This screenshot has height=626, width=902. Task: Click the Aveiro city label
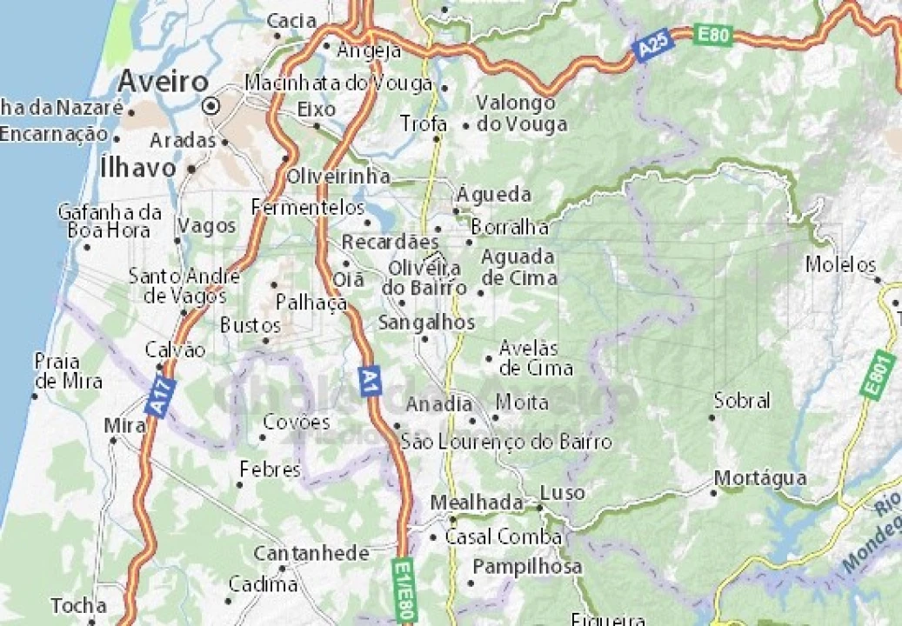(x=163, y=82)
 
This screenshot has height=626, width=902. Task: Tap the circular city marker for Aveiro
(x=210, y=107)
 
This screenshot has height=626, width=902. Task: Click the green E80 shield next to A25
(x=714, y=36)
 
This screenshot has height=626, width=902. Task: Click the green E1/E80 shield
(x=404, y=589)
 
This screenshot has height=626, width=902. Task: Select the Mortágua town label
(x=760, y=478)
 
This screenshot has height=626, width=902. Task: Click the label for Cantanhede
(x=311, y=553)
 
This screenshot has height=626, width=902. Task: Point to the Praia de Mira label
(x=68, y=371)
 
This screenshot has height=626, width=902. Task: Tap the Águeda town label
(x=494, y=193)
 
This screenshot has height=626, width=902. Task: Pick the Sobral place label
(x=742, y=401)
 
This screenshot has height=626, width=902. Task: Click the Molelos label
(x=840, y=264)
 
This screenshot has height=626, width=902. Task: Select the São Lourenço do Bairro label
(x=506, y=442)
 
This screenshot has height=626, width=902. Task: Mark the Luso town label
(x=562, y=493)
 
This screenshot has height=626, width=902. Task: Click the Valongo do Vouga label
(x=520, y=113)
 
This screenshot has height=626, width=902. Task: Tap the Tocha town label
(x=78, y=605)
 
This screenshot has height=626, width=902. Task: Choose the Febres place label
(x=270, y=470)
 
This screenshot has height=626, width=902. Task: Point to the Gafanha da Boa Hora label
(x=110, y=221)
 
